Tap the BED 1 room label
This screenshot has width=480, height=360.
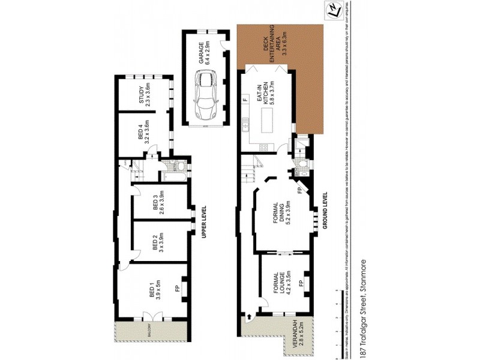click(155, 292)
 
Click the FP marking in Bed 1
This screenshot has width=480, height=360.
click(177, 289)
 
